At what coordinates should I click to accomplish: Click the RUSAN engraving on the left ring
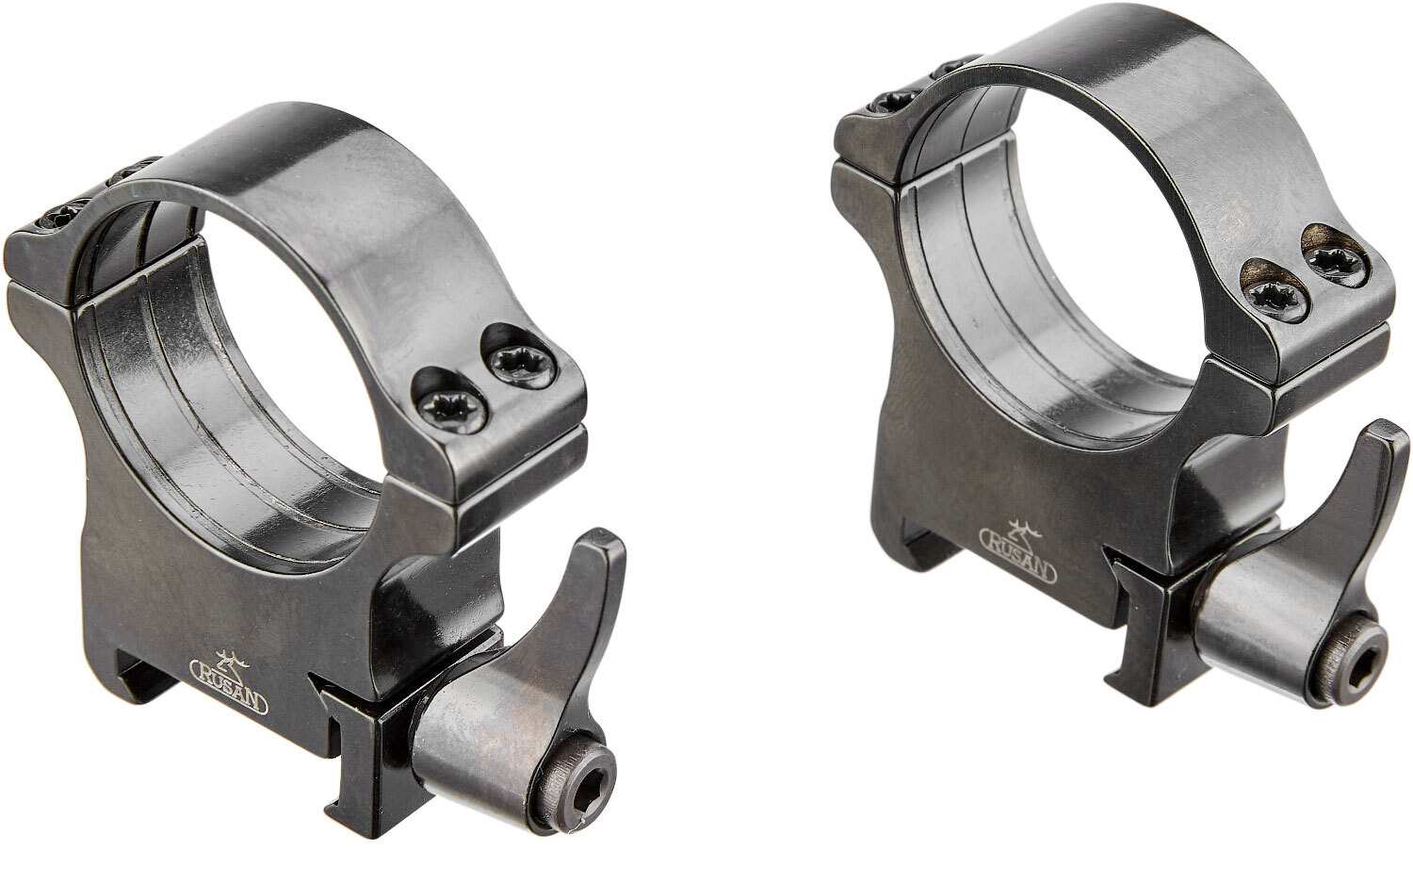(229, 689)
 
